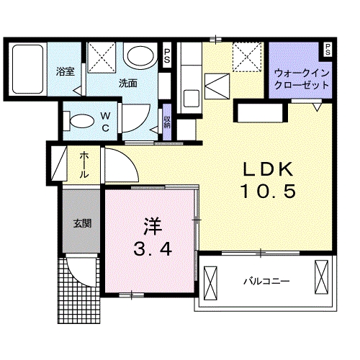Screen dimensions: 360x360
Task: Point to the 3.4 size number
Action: (x=151, y=251)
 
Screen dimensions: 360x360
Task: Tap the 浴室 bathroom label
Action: (x=66, y=71)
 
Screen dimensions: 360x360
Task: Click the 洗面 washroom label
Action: (x=128, y=83)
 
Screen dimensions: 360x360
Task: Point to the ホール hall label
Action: (x=85, y=165)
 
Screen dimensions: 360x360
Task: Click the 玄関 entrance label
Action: (x=81, y=223)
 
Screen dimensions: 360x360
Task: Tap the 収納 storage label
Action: (x=167, y=121)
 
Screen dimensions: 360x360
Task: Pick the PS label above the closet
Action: (x=328, y=50)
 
